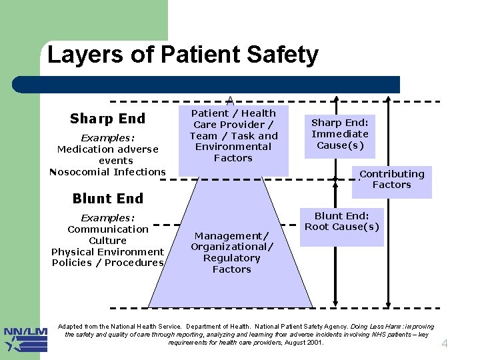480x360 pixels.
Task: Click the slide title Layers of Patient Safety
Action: (x=183, y=55)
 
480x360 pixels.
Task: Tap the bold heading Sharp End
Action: (x=107, y=119)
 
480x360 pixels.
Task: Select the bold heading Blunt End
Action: (x=107, y=199)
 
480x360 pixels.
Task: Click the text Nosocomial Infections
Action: (x=107, y=172)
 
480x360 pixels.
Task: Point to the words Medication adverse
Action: (x=107, y=149)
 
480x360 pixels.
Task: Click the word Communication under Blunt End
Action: (x=107, y=229)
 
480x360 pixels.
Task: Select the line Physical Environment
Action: (x=107, y=252)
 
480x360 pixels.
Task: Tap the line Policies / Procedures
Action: (x=107, y=263)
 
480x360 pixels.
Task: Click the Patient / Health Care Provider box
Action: (x=233, y=136)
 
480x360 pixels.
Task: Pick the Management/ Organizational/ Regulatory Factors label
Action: (x=231, y=253)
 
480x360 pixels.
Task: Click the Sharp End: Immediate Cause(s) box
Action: (x=340, y=134)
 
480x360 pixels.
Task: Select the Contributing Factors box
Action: (x=391, y=179)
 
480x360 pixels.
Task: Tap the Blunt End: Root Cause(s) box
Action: (x=341, y=221)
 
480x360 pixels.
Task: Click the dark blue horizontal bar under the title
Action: (x=207, y=85)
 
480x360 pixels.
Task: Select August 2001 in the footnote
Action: (x=303, y=343)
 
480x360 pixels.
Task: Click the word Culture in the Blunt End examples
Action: (x=107, y=241)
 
